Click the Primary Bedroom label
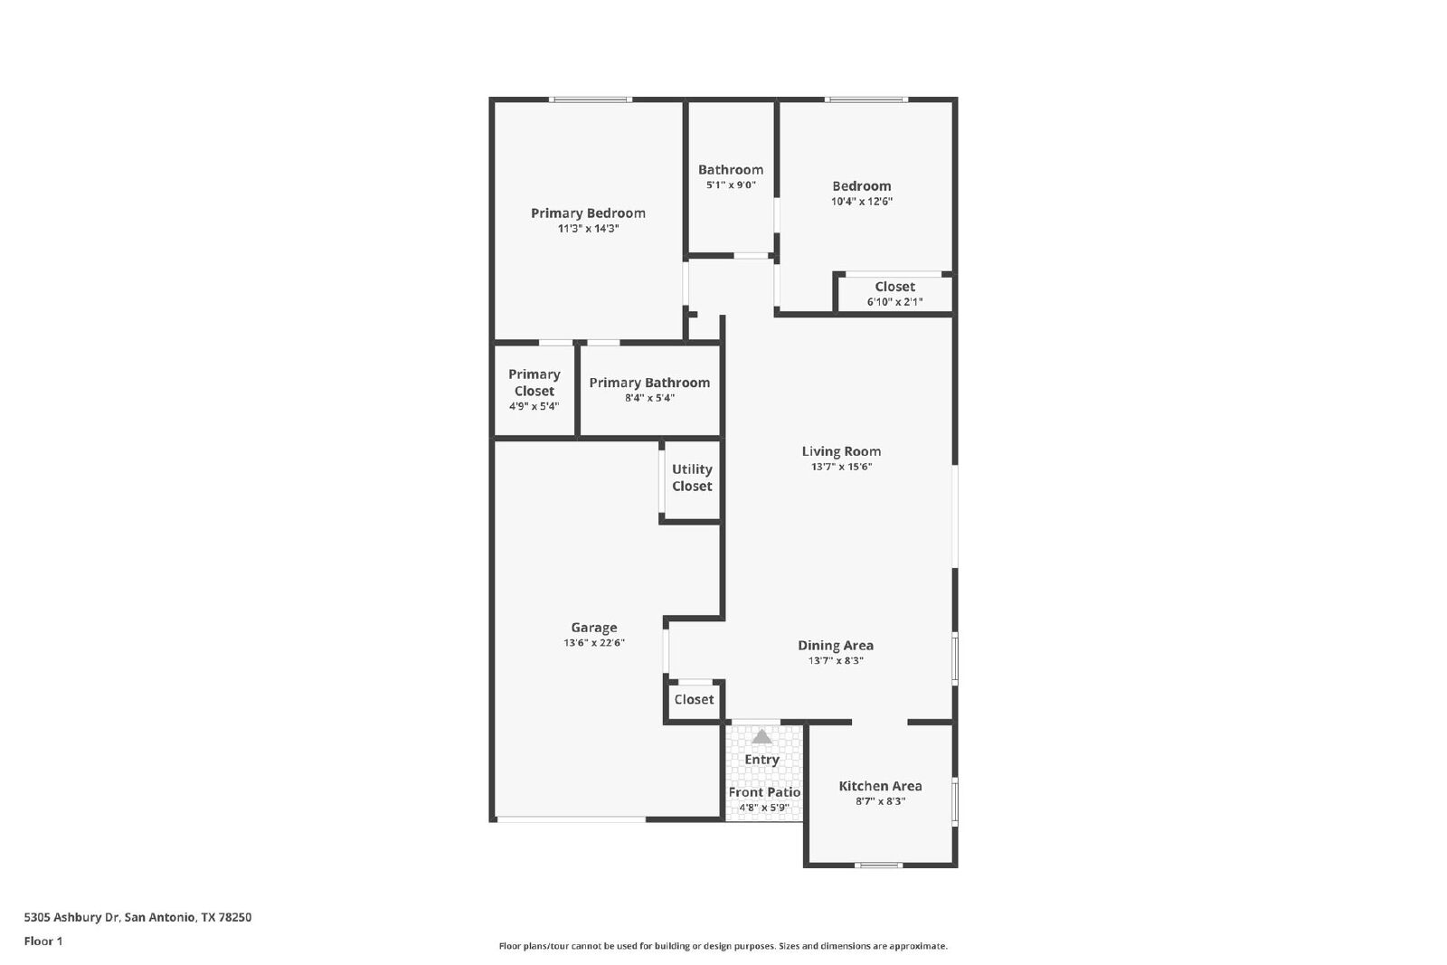(x=588, y=213)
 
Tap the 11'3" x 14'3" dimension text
(x=588, y=229)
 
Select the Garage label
(x=593, y=628)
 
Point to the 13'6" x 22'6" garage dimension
(x=593, y=643)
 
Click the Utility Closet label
(x=692, y=478)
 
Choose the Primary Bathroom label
(x=649, y=383)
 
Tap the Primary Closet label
(x=534, y=383)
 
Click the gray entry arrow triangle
(x=762, y=736)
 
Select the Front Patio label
(x=764, y=792)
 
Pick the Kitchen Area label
(x=881, y=786)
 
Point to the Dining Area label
(x=836, y=645)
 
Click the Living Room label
(x=841, y=451)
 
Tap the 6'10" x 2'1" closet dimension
(x=894, y=302)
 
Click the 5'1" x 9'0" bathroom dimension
(x=731, y=185)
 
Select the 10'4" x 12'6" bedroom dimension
(x=862, y=202)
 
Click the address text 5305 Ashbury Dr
(x=71, y=917)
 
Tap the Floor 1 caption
(x=43, y=941)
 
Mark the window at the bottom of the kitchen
(x=878, y=865)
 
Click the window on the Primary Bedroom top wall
(x=591, y=99)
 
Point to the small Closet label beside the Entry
(x=694, y=699)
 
